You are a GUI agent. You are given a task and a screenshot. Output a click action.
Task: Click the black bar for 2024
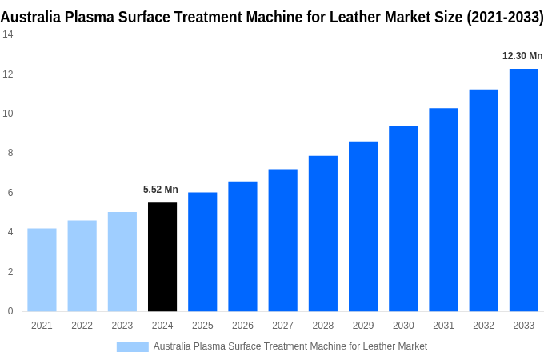click(162, 257)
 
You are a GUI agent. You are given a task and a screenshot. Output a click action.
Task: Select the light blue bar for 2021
click(42, 270)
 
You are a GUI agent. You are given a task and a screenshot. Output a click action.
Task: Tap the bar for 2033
click(523, 190)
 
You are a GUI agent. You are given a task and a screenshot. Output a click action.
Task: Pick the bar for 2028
click(322, 234)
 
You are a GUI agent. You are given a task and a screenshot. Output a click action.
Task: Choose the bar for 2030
click(403, 218)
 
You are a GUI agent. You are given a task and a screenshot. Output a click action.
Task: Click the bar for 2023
click(122, 262)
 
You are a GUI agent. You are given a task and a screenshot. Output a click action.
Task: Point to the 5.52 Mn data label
click(161, 190)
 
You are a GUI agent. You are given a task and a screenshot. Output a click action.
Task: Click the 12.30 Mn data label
click(522, 56)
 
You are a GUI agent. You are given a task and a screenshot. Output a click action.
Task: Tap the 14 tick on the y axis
click(7, 34)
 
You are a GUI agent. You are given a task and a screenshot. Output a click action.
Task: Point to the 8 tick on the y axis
click(10, 153)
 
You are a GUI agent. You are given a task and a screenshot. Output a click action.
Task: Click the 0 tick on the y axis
click(10, 311)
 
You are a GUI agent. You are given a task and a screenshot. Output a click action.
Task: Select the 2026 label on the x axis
click(242, 326)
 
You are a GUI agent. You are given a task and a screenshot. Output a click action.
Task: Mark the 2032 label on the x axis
click(483, 326)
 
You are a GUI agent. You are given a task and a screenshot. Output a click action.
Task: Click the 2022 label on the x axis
click(82, 326)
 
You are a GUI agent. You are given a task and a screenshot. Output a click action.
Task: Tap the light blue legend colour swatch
click(132, 346)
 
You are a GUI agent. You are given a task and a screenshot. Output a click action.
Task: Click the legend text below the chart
click(290, 346)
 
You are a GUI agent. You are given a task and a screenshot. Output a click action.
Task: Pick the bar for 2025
click(202, 251)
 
